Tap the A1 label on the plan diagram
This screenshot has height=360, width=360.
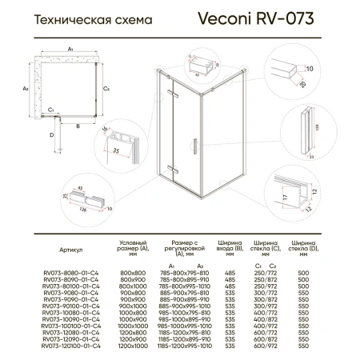pos(70,49)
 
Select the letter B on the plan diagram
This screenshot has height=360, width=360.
pos(77,125)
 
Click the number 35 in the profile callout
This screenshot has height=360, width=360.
pos(117,148)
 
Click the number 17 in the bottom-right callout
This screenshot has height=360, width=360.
pos(286,194)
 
